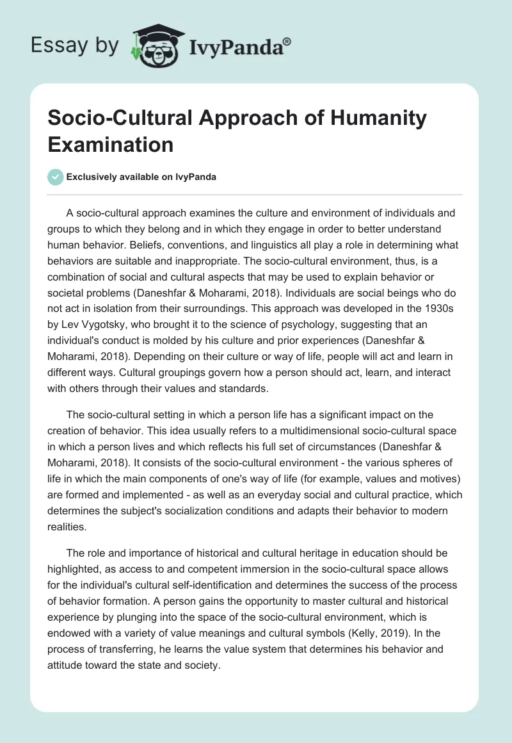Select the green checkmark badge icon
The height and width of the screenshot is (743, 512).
coord(56,177)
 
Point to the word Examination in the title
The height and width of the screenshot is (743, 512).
coord(110,144)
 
